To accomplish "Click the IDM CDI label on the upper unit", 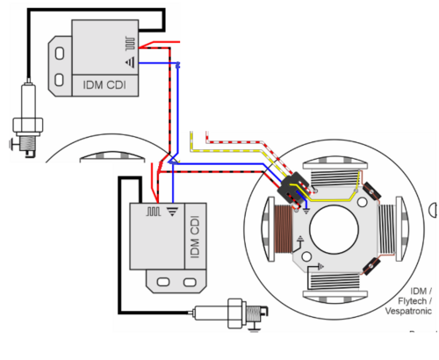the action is click(x=104, y=85).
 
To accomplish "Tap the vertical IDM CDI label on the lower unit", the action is click(x=195, y=237).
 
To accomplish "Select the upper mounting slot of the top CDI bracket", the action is click(x=60, y=54).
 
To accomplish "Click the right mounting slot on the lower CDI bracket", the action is click(x=190, y=283).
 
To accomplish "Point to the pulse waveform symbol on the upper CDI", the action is click(x=131, y=43).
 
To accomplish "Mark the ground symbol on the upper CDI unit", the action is click(x=131, y=62).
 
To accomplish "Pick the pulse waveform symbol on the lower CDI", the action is click(x=154, y=212).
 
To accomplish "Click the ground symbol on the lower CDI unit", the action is click(x=172, y=212).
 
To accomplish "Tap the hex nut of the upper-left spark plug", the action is click(x=28, y=125).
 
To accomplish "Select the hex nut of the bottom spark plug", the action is click(x=235, y=313).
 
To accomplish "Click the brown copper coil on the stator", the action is click(x=284, y=228).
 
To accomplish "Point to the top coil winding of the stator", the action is click(x=335, y=178).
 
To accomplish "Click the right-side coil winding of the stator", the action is click(x=386, y=229).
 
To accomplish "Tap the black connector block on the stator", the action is click(x=293, y=188).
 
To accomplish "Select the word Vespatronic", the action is click(x=408, y=311).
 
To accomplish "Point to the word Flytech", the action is click(x=412, y=301).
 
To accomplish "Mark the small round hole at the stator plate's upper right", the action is click(x=362, y=202).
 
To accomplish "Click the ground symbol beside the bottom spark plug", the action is click(x=254, y=327).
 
